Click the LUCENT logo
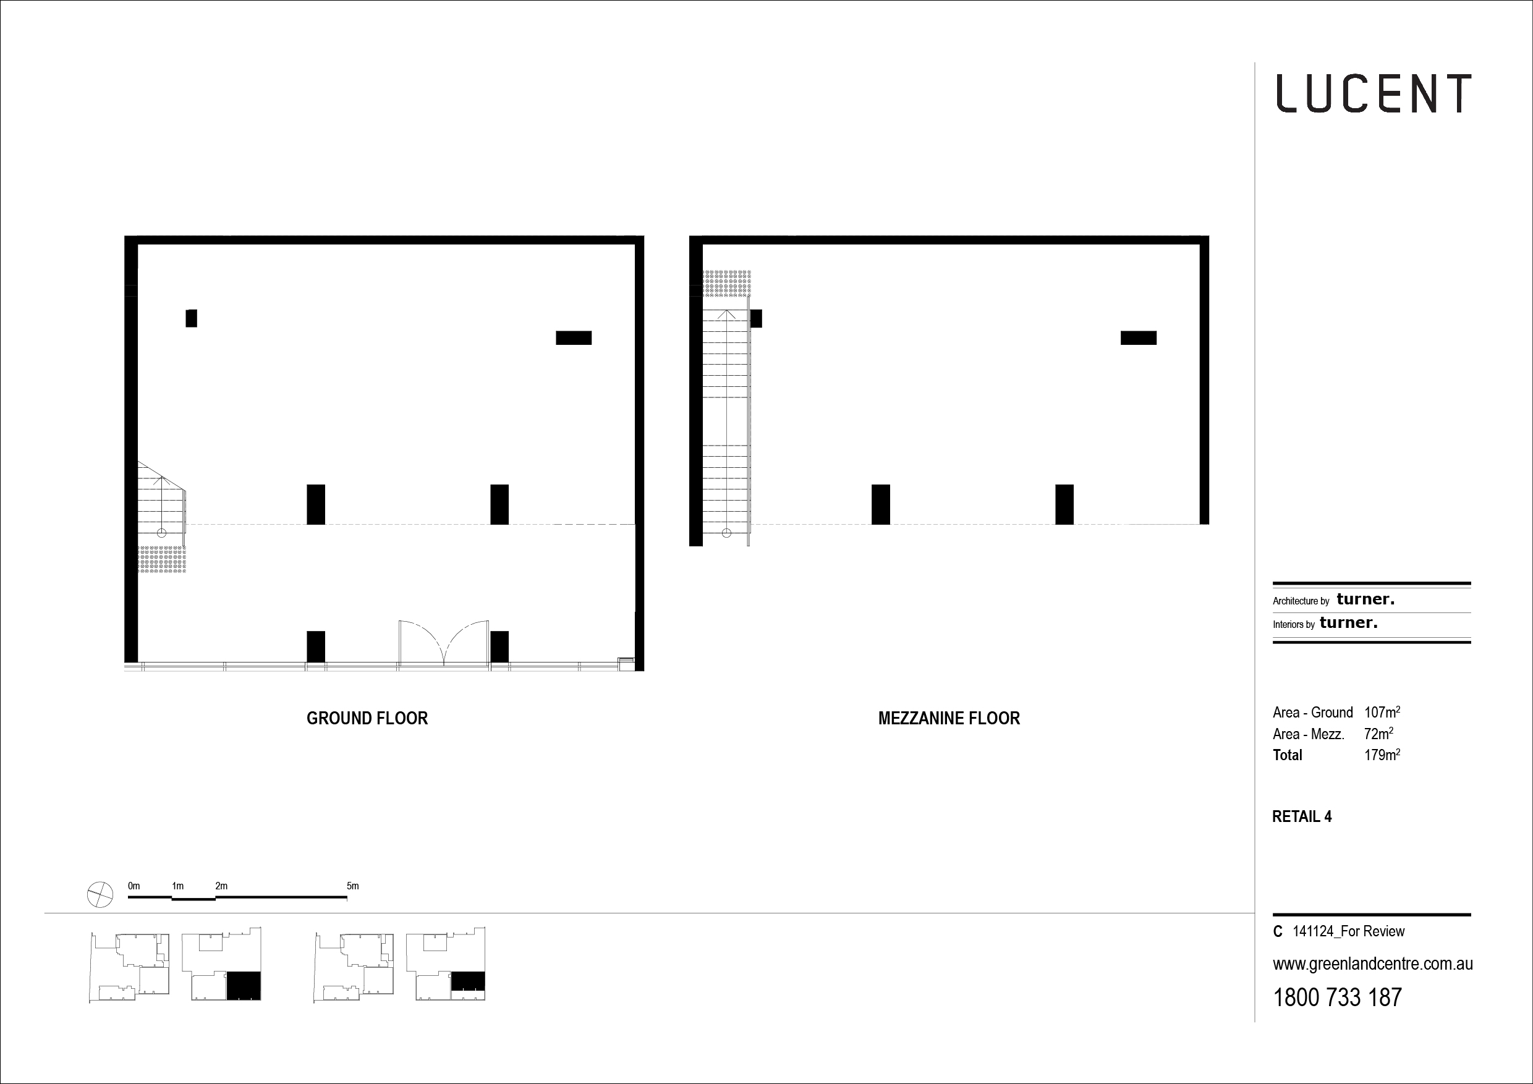coord(1374,93)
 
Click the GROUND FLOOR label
coord(367,718)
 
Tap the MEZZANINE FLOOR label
coord(949,718)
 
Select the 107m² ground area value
coord(1382,712)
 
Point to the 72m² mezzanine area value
coord(1378,734)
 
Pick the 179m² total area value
coord(1382,755)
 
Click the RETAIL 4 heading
coord(1302,817)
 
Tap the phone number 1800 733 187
coord(1338,998)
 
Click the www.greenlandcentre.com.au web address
coord(1373,965)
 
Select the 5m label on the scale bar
coord(352,886)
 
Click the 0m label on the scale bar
coord(134,886)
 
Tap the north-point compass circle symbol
coord(100,894)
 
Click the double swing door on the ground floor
coord(444,642)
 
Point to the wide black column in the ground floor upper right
coord(574,338)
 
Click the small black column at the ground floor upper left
coord(192,318)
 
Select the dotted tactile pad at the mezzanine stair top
coord(727,284)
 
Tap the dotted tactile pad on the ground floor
coord(161,559)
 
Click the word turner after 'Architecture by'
coord(1365,599)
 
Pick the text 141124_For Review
coord(1349,932)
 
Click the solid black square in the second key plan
coord(244,986)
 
